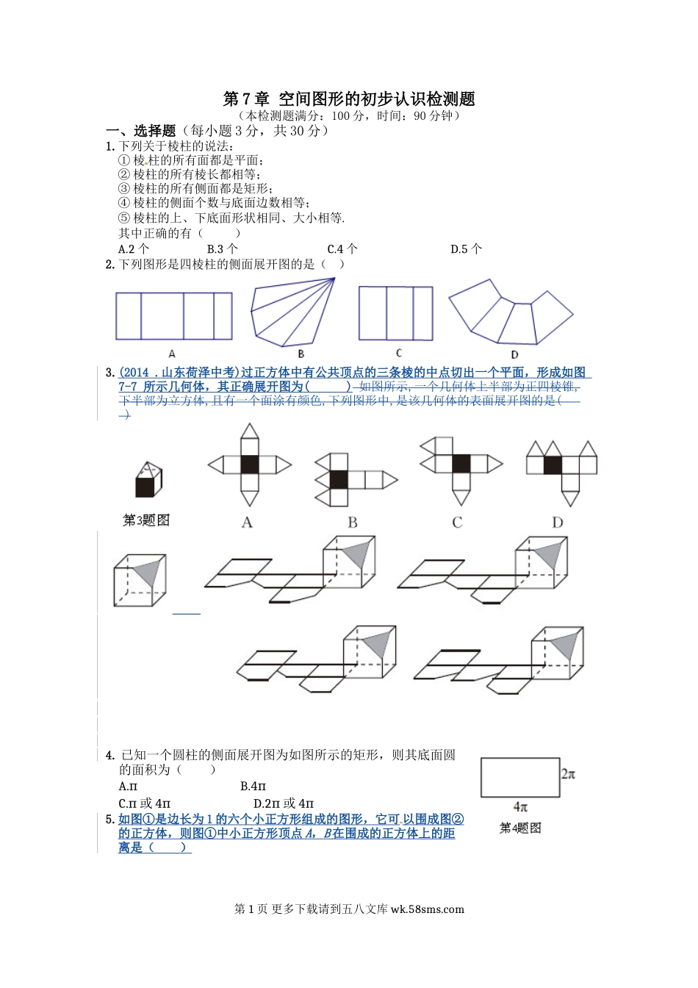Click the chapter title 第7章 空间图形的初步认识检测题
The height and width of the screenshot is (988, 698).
348,99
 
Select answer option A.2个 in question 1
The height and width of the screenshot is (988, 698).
134,249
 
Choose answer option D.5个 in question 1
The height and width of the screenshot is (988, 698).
466,249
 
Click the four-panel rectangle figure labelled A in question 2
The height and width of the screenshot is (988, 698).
173,316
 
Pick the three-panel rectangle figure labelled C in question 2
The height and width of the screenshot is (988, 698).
395,313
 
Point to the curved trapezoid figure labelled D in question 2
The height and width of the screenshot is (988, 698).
511,316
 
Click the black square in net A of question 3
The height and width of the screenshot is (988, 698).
250,465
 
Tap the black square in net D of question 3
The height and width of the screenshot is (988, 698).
553,465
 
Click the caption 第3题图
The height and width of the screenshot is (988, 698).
146,520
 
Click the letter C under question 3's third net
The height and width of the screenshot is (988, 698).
457,523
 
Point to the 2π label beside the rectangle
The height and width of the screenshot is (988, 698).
568,773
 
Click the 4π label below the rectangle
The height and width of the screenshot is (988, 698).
520,807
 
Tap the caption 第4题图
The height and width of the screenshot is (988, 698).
520,828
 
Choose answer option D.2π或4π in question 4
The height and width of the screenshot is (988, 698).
284,803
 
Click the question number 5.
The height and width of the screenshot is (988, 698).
109,820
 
